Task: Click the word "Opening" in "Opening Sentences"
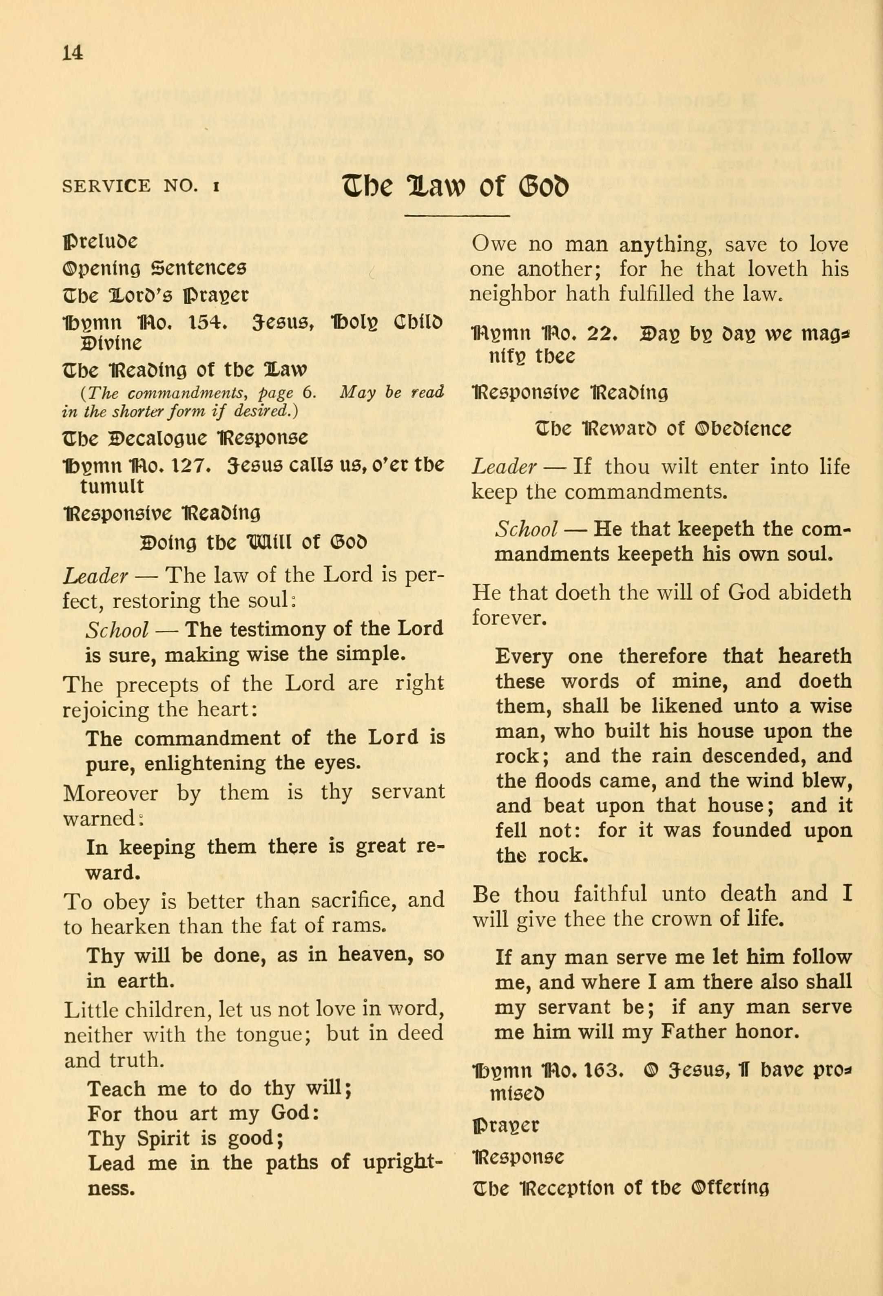[x=104, y=269]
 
